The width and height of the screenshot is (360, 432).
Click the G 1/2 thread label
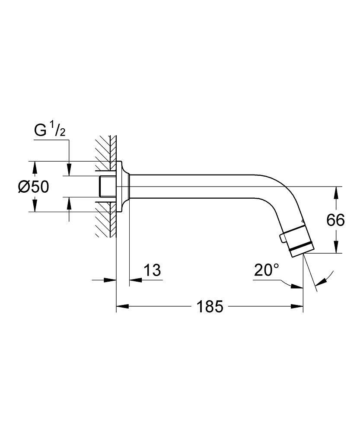50,130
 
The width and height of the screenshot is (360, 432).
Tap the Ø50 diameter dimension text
33,187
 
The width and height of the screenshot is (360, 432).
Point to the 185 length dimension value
210,306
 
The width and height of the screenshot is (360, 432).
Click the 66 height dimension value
335,220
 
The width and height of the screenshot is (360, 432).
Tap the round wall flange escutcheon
123,187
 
